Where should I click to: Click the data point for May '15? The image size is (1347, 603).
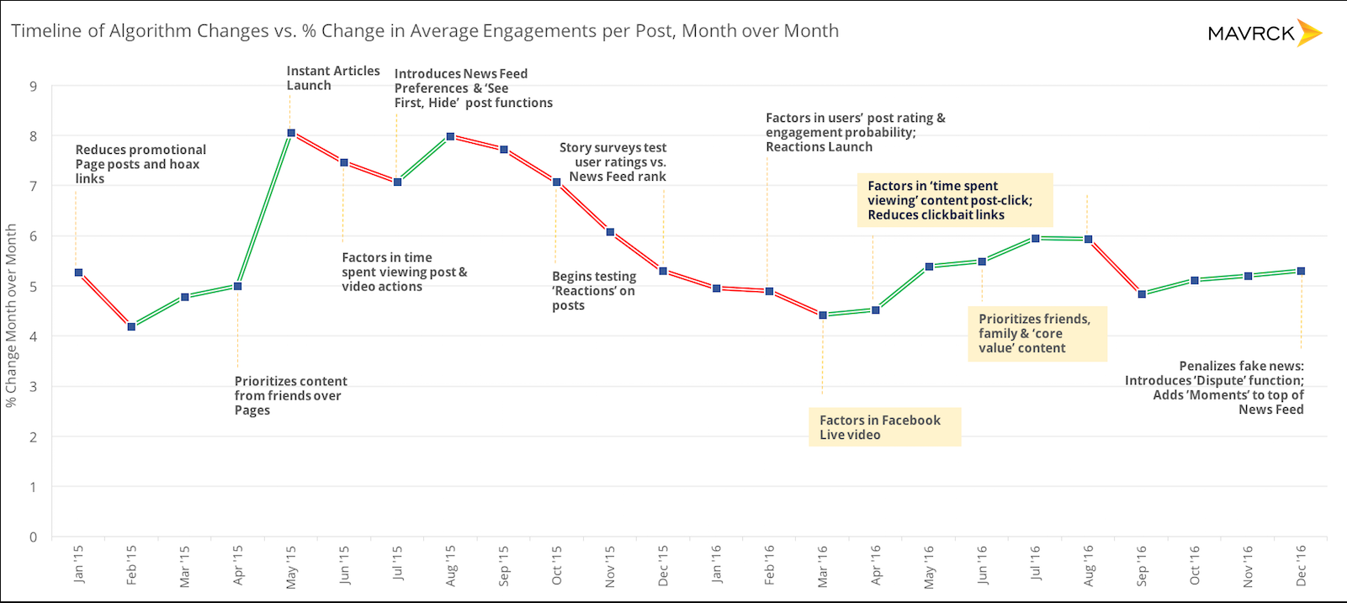[291, 133]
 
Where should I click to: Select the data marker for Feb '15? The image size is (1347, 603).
[131, 326]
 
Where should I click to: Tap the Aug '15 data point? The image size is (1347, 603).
[450, 136]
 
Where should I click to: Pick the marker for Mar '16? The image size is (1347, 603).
[823, 315]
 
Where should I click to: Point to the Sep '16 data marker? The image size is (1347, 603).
[1142, 294]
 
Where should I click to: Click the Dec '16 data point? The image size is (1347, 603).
[1301, 271]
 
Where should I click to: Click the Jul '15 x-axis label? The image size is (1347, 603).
[398, 563]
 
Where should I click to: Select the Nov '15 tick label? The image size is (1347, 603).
[610, 566]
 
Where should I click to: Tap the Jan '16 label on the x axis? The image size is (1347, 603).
[716, 563]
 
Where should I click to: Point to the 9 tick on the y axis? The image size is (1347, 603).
[34, 86]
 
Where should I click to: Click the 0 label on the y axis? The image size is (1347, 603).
[34, 537]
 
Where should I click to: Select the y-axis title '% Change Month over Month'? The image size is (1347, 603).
[11, 315]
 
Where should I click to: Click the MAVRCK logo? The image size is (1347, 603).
[1264, 34]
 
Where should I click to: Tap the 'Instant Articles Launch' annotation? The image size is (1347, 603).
[332, 78]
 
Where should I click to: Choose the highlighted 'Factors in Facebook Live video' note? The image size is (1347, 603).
[883, 427]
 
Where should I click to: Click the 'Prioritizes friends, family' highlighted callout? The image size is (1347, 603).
[1036, 333]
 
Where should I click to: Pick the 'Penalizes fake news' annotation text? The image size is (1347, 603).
[1215, 388]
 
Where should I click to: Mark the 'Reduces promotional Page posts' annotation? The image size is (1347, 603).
[141, 164]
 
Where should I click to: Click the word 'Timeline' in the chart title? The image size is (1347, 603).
[47, 31]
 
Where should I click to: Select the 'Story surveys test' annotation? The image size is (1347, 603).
[613, 162]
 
